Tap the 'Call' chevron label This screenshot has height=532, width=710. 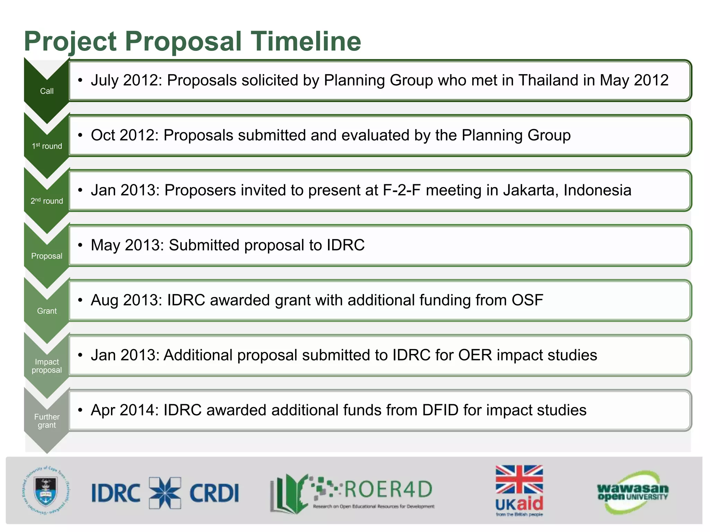(47, 91)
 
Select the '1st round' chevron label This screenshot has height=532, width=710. (47, 146)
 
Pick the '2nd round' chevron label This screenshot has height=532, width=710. (47, 201)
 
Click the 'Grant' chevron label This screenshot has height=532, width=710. (47, 311)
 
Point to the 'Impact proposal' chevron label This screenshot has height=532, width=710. (47, 366)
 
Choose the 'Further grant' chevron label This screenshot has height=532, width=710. (47, 421)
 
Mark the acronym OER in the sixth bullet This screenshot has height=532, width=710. (475, 355)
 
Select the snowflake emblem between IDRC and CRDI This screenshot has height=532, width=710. (165, 493)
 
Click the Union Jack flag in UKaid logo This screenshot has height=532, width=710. (519, 479)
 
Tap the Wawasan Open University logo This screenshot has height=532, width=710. (633, 492)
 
